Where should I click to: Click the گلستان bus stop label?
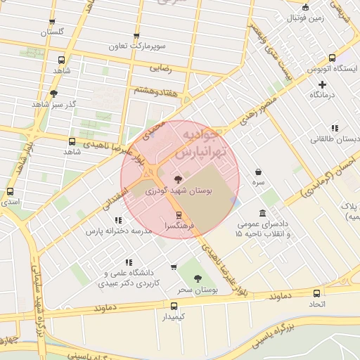coord(52,32)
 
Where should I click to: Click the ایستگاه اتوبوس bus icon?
coord(333,59)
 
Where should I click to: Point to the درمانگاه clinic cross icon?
coord(323,84)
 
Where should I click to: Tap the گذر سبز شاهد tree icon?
coord(53,93)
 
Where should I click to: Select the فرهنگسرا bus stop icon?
coord(178,215)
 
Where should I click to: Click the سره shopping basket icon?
coord(259,171)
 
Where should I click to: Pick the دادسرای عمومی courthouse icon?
coord(262,213)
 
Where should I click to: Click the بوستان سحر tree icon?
coord(197,278)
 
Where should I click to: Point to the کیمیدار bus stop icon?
coord(174,306)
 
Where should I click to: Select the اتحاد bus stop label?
coord(316,304)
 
